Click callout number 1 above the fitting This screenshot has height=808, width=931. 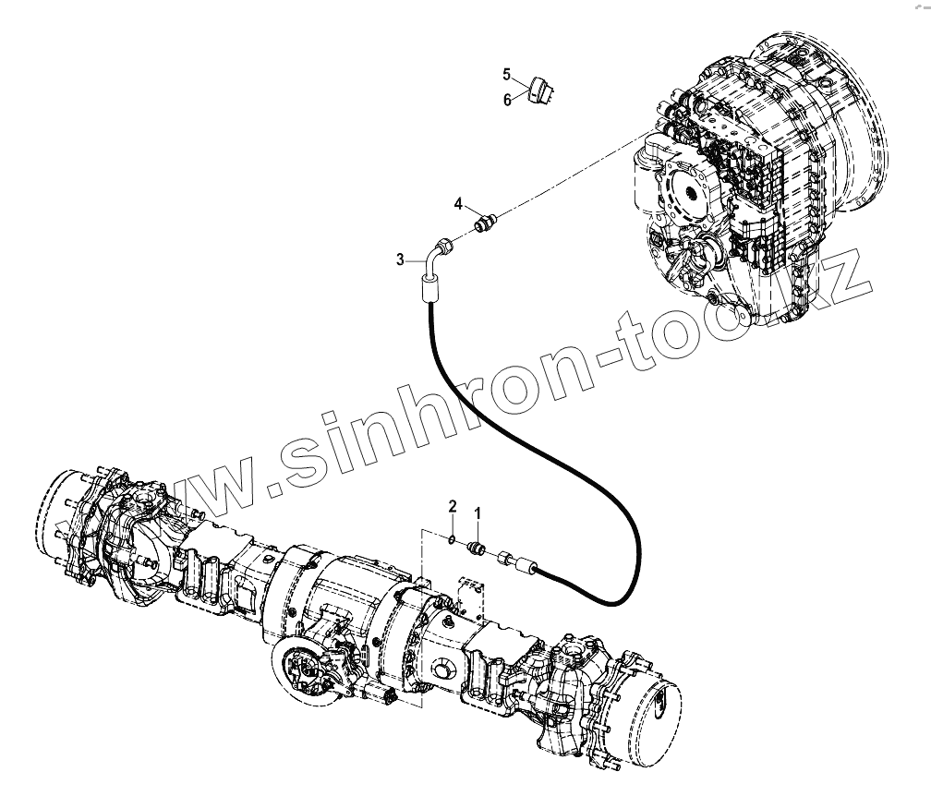coord(478,511)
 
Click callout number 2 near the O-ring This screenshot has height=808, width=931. coord(453,505)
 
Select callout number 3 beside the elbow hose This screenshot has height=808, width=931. coord(401,260)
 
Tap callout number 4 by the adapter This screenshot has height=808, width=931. coord(457,203)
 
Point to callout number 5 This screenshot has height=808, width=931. coord(507,73)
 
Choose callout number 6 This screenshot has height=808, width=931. coord(507,100)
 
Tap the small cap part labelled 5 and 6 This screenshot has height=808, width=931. coord(541,90)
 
